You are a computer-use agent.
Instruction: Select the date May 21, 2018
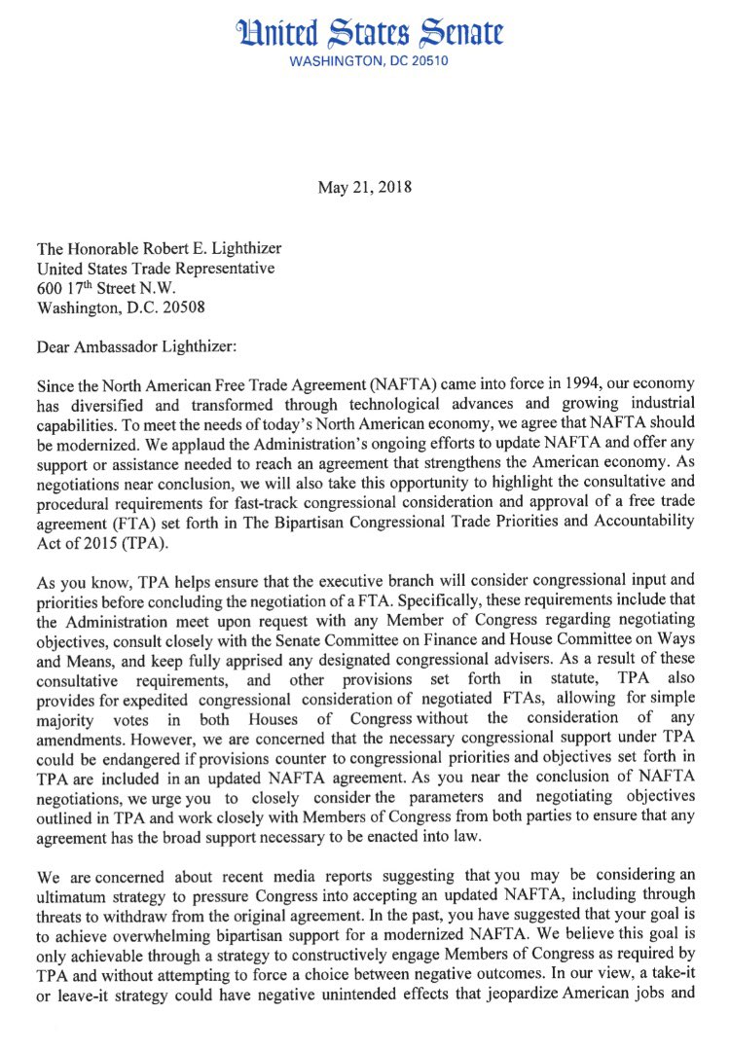[x=364, y=186]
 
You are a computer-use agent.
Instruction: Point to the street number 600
[x=49, y=288]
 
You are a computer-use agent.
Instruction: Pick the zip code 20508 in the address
[x=184, y=308]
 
